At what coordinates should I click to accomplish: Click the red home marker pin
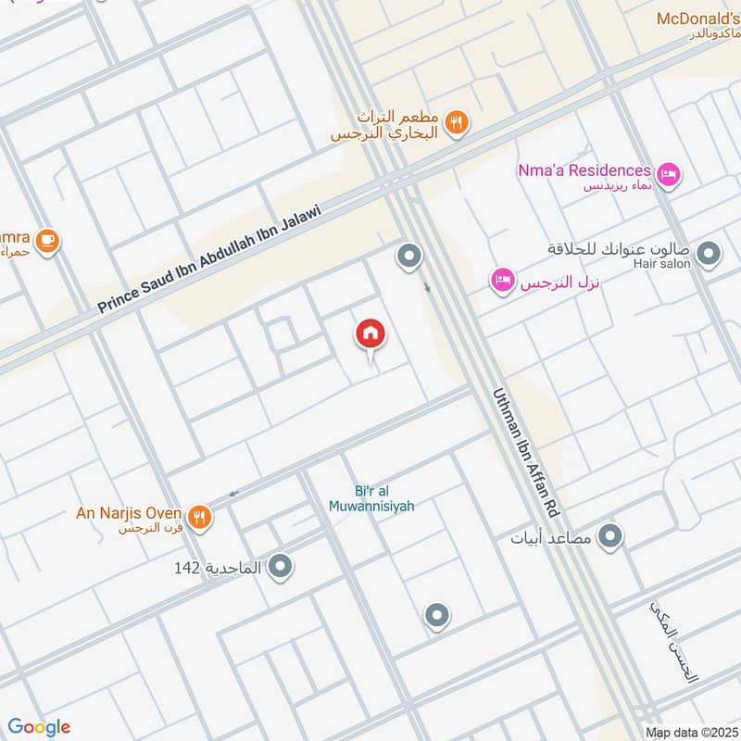click(370, 335)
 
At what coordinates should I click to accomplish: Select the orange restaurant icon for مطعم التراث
click(456, 121)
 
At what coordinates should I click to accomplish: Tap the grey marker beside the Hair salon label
click(710, 253)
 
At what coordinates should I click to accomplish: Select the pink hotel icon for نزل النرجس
click(502, 279)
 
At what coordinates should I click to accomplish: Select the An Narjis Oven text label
click(132, 511)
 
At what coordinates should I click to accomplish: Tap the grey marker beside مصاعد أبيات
click(609, 535)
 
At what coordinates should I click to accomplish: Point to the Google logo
click(39, 727)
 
